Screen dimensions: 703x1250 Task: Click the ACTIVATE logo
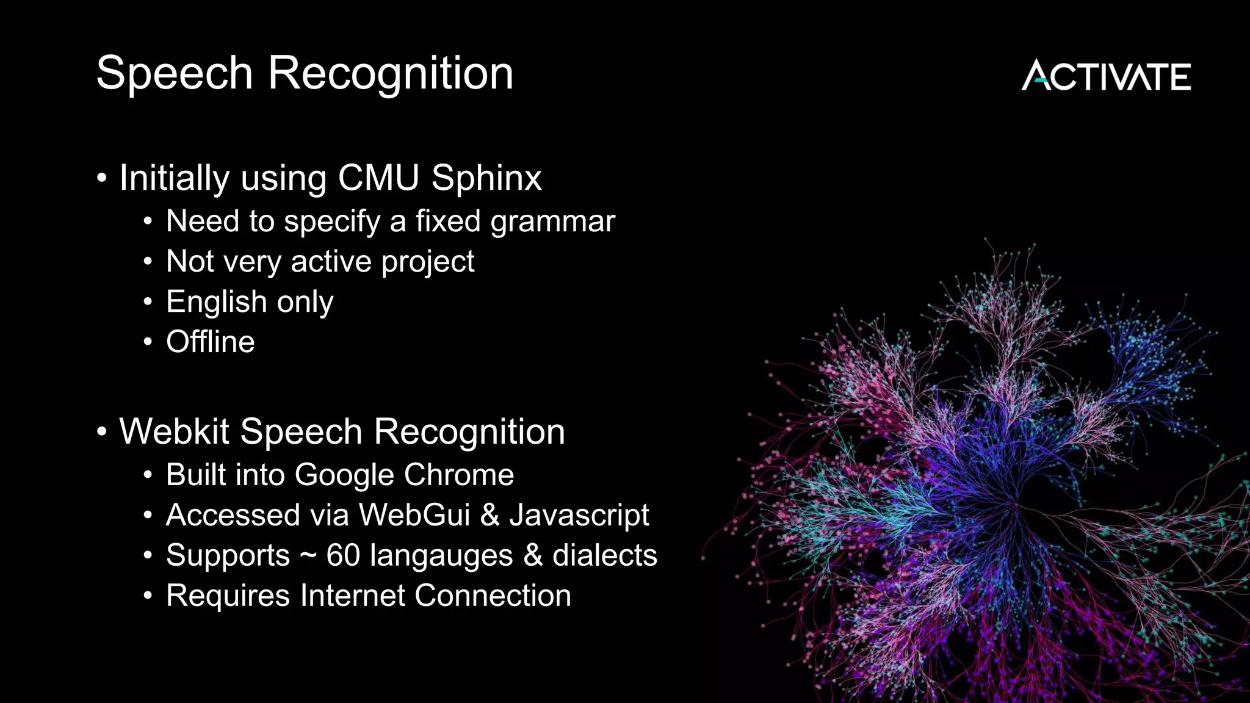coord(1106,76)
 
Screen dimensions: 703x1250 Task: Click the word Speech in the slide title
coord(175,73)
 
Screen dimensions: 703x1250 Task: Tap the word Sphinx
coord(486,178)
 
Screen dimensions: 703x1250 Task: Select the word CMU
coord(378,178)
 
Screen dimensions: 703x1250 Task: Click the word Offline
coord(210,342)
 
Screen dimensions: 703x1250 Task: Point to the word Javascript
coord(579,516)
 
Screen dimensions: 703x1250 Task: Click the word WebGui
coord(414,515)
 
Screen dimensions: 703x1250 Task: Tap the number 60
coord(343,555)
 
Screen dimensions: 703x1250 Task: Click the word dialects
coord(604,555)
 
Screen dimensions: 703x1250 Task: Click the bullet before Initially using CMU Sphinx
coord(102,179)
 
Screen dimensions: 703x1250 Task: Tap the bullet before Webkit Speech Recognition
coord(102,433)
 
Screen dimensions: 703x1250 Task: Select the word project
coord(427,262)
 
